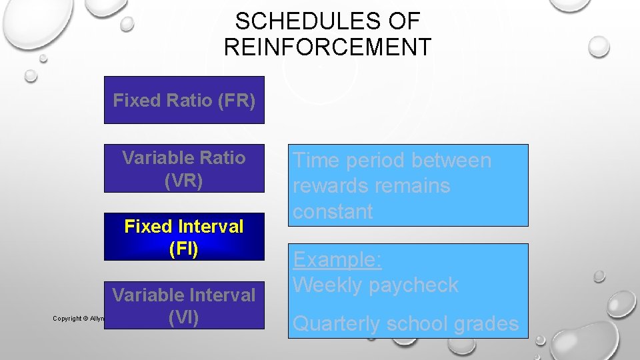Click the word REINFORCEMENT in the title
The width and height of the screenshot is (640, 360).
[x=327, y=47]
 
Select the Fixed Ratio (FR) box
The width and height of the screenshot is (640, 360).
[x=184, y=100]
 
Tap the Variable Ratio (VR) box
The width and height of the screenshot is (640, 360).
[x=184, y=169]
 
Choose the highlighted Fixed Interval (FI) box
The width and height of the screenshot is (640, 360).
[x=184, y=237]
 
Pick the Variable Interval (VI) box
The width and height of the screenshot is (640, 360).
[x=184, y=305]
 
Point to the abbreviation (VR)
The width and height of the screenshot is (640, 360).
[x=184, y=181]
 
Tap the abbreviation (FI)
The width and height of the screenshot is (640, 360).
[x=184, y=250]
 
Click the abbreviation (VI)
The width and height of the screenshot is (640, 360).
[x=184, y=318]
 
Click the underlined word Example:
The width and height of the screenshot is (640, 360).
[x=337, y=259]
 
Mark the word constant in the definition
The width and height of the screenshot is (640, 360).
[x=333, y=211]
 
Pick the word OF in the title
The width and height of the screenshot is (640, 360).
[x=404, y=21]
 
